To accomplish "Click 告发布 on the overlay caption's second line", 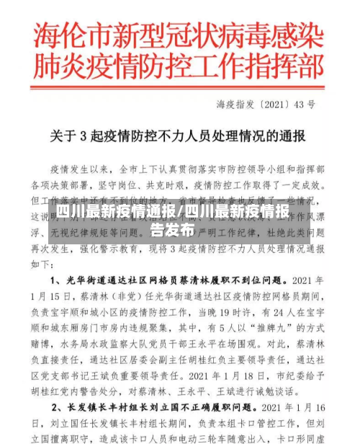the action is coord(172,230).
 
